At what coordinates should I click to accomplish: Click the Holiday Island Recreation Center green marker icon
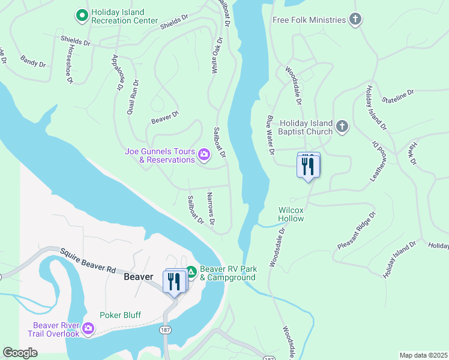click(x=83, y=14)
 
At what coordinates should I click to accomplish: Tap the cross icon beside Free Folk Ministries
click(x=355, y=20)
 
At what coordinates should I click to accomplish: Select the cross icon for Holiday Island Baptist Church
click(x=342, y=127)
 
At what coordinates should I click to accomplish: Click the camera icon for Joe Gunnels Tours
click(x=204, y=155)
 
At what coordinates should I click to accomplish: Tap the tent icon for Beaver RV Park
click(x=191, y=272)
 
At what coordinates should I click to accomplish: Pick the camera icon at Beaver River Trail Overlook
click(x=88, y=328)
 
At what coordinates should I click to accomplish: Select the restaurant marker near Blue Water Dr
click(x=308, y=166)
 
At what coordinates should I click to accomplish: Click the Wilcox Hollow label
click(x=291, y=214)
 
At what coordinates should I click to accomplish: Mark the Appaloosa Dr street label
click(x=116, y=72)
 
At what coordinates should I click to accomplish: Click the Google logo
click(x=20, y=353)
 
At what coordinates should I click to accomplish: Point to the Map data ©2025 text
click(x=423, y=355)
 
